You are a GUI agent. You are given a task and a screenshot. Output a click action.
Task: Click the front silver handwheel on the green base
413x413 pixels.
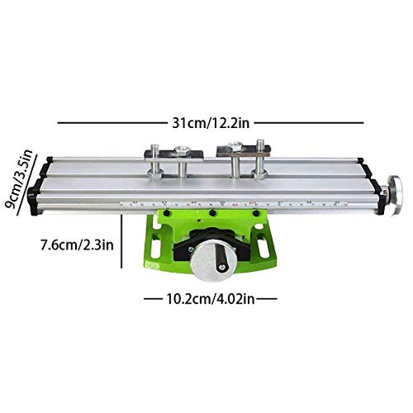(208, 263)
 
